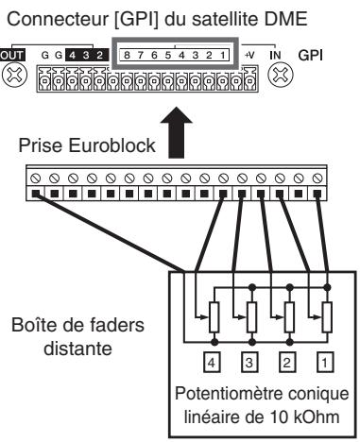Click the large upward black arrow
pyautogui.click(x=177, y=132)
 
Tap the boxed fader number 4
pyautogui.click(x=212, y=363)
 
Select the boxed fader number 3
pyautogui.click(x=249, y=363)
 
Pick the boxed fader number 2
pyautogui.click(x=286, y=363)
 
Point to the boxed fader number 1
pyautogui.click(x=324, y=363)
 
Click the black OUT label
pyautogui.click(x=12, y=56)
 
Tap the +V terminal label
pyautogui.click(x=249, y=56)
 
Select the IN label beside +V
pyautogui.click(x=275, y=56)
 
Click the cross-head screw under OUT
pyautogui.click(x=14, y=75)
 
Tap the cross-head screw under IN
pyautogui.click(x=280, y=75)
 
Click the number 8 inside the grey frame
pyautogui.click(x=127, y=56)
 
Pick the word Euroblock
pyautogui.click(x=111, y=145)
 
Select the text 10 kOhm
pyautogui.click(x=305, y=417)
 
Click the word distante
pyautogui.click(x=77, y=348)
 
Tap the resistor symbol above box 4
pyautogui.click(x=214, y=317)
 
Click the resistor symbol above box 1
pyautogui.click(x=327, y=317)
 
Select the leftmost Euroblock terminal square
pyautogui.click(x=35, y=194)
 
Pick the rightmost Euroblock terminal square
pyautogui.click(x=317, y=194)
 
